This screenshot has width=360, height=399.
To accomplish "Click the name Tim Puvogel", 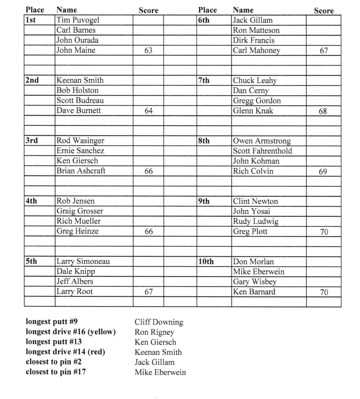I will point(78,20).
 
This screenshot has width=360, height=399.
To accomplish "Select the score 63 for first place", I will point(148,50).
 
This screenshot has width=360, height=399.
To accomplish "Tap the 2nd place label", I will point(32,80).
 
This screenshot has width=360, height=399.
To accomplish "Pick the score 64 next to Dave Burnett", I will point(148,111).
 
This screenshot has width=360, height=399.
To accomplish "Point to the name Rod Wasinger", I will point(80,141).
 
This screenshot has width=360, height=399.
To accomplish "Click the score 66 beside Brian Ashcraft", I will point(148,171).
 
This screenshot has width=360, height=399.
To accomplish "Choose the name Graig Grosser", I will point(80,211).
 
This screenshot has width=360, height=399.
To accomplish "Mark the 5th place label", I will point(31,261).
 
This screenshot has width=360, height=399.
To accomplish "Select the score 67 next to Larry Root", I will point(148,292).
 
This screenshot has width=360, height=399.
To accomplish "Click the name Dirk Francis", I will point(253,40).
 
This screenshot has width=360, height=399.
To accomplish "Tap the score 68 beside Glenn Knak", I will point(323,111).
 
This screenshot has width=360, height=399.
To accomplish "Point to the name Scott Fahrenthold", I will point(262,151).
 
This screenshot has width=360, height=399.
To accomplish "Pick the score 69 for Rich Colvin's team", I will point(323,171).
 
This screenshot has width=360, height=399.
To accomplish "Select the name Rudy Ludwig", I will point(255,221).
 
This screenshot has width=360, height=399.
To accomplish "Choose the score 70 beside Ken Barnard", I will point(324,292).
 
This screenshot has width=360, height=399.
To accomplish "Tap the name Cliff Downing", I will point(159,322).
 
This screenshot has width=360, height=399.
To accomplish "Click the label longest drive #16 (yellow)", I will point(70,332).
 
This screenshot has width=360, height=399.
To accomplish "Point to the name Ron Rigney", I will point(154,332).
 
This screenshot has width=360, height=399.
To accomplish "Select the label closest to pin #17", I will point(56,372).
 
